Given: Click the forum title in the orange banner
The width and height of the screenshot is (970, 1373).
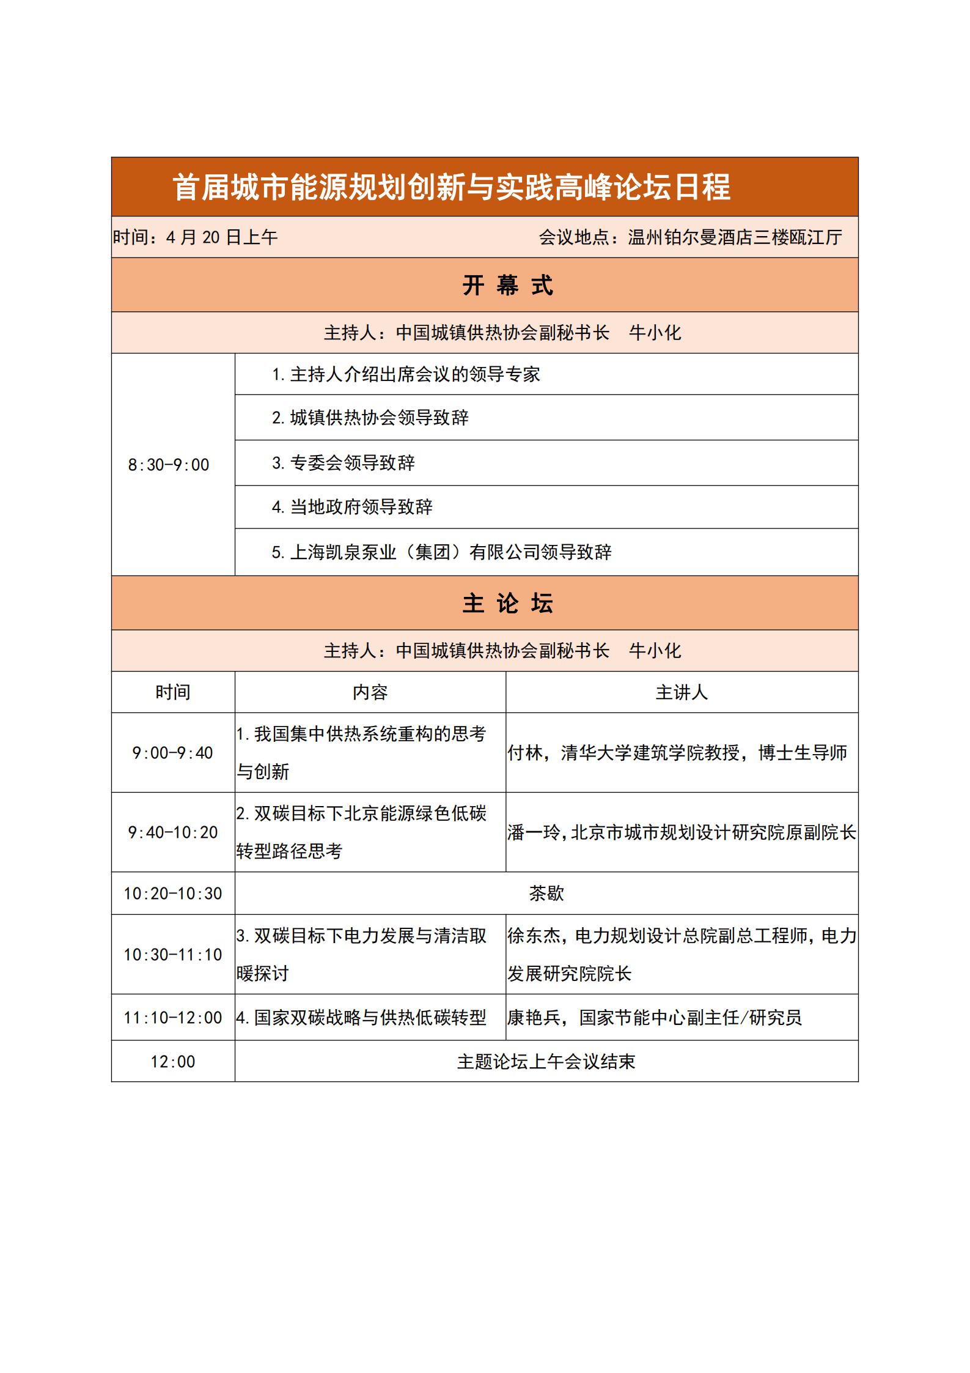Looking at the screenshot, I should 451,187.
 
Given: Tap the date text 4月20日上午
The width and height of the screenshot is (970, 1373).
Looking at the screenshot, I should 221,237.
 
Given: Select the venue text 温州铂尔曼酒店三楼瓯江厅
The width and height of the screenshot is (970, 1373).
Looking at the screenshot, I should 735,237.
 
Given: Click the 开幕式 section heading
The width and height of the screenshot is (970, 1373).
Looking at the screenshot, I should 507,286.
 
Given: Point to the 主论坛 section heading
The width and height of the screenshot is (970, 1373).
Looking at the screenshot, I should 507,604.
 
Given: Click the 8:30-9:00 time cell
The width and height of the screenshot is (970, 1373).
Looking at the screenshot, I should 169,465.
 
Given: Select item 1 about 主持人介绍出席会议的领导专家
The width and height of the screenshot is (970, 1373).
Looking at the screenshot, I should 406,374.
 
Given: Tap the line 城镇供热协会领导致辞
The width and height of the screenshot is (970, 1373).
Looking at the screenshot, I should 370,418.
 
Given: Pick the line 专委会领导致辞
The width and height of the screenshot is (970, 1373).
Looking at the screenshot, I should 344,463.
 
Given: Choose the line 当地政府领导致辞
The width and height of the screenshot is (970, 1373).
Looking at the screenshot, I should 352,507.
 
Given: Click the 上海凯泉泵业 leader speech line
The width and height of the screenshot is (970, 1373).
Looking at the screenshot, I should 441,552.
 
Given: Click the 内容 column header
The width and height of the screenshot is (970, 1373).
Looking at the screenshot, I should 370,692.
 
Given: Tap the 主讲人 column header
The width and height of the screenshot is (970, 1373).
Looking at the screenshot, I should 682,692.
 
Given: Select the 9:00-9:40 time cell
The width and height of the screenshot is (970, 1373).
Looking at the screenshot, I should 172,753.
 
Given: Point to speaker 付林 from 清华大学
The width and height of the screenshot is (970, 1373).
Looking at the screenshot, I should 677,753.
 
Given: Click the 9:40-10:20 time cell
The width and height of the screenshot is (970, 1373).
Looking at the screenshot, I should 172,832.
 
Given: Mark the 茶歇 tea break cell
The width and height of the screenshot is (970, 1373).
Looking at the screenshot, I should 546,894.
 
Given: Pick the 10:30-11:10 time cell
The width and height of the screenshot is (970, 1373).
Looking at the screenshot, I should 172,955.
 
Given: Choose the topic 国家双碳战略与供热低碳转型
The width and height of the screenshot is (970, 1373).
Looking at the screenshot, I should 361,1018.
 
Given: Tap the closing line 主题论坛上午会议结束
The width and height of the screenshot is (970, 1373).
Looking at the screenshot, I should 546,1062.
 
